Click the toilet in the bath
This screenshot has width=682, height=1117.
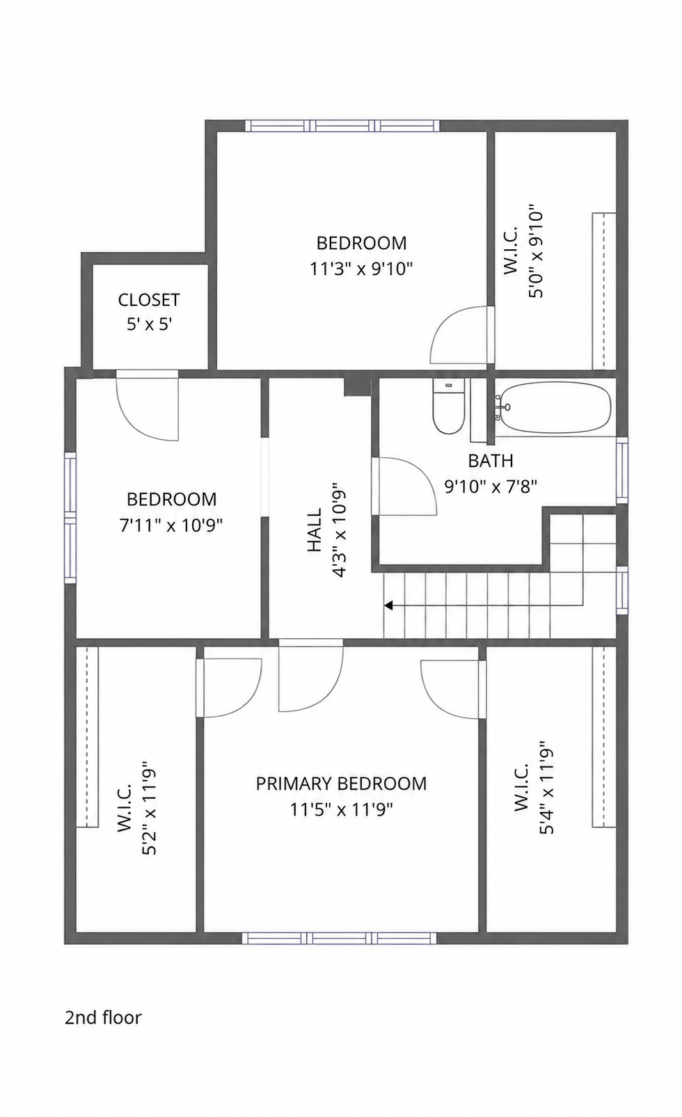449,406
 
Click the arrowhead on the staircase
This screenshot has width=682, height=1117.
388,605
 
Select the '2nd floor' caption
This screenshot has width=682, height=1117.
103,1017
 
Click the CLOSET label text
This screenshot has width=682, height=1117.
148,300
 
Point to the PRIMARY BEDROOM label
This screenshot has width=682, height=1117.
341,784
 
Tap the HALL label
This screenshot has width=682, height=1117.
314,530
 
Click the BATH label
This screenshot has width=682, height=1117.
491,461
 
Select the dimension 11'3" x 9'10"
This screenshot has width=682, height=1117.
361,269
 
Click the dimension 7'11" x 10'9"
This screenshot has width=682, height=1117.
171,525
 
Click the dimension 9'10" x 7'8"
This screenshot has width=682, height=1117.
491,486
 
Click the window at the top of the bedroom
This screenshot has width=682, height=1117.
342,125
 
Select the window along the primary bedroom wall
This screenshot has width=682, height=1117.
340,938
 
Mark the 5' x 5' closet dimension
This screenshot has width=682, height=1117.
149,324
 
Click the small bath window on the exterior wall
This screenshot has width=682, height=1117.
621,470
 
